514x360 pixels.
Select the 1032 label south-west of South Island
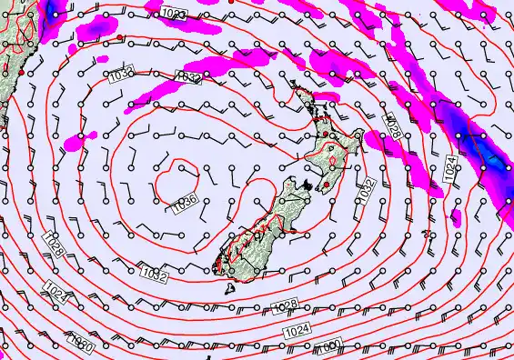click(x=153, y=273)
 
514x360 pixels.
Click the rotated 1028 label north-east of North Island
click(x=393, y=125)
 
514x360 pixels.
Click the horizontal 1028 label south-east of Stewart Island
click(x=285, y=305)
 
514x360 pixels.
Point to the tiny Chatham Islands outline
click(x=455, y=217)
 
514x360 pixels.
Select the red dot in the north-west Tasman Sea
click(x=118, y=37)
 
